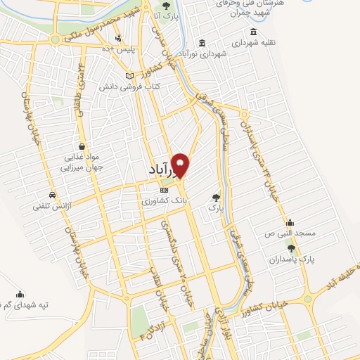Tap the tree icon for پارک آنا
166,6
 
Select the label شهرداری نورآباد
202,53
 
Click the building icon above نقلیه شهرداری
252,32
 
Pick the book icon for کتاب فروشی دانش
129,75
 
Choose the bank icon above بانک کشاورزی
165,190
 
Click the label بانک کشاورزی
165,201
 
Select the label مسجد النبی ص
289,232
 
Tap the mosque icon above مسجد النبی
289,221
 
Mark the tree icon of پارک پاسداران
292,248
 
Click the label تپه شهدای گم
24,304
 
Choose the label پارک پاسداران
292,259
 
